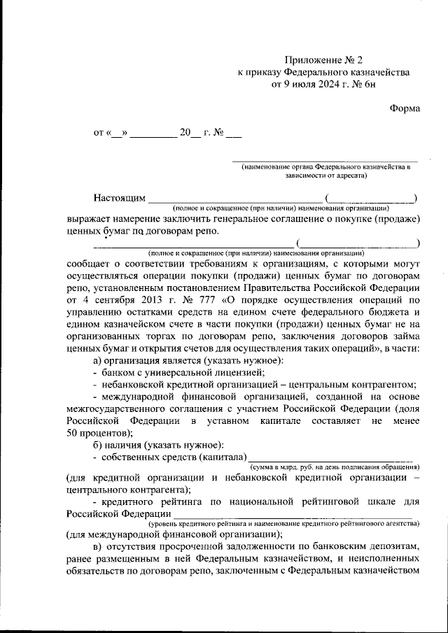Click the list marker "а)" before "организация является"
tap(98, 360)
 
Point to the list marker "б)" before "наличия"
tap(98, 446)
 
